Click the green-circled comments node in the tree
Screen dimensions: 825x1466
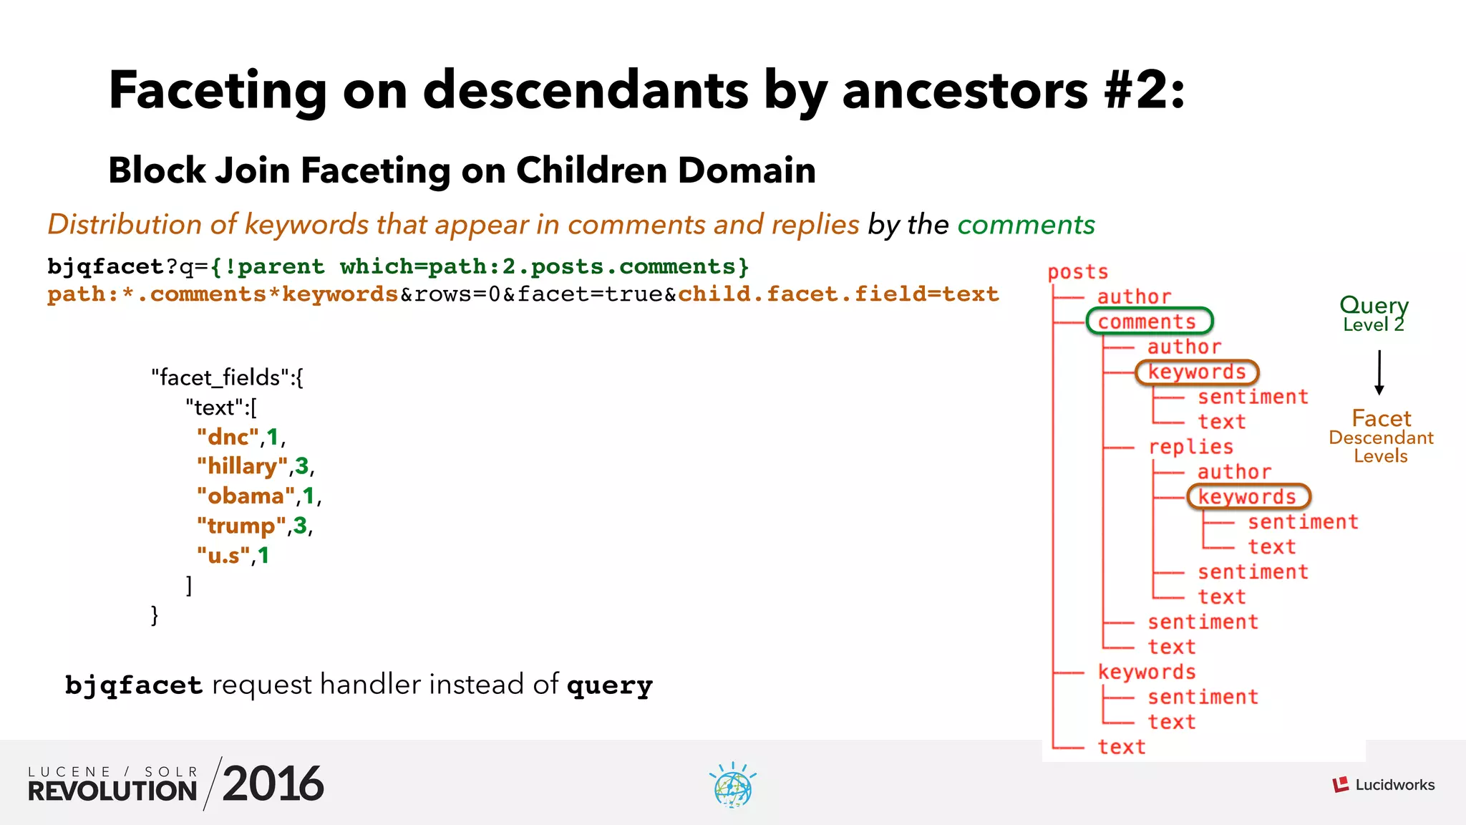pos(1148,322)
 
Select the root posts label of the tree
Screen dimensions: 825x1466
pos(1077,272)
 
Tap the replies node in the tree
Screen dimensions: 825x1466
pos(1191,447)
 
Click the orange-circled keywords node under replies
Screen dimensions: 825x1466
pos(1248,496)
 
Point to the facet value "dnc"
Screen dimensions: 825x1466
pos(228,437)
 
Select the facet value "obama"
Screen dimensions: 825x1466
pos(246,496)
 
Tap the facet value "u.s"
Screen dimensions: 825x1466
pos(223,555)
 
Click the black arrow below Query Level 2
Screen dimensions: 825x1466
pos(1379,372)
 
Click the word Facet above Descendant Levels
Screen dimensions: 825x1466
pos(1381,418)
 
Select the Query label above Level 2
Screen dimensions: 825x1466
pos(1374,305)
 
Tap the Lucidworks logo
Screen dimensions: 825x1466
pos(1384,785)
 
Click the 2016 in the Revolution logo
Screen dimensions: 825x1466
pos(273,784)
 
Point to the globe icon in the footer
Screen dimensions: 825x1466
pos(732,786)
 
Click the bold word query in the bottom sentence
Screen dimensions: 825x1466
pos(609,685)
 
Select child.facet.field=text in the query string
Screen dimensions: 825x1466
pos(838,294)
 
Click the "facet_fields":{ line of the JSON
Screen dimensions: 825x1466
pos(227,377)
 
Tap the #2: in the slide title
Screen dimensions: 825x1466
pos(1144,91)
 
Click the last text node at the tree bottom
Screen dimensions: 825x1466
pos(1121,747)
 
